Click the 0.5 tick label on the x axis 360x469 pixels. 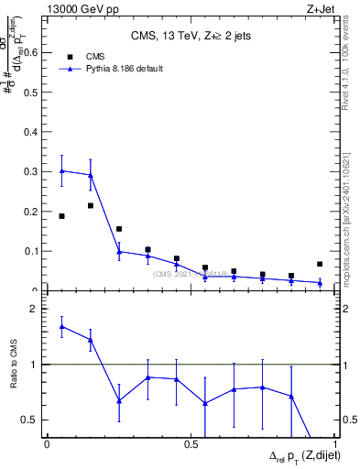click(190, 444)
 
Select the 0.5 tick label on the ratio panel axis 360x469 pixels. click(29, 420)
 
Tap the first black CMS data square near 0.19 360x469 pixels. click(61, 216)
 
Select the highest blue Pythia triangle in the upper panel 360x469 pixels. click(61, 171)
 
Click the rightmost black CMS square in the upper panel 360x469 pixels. click(320, 264)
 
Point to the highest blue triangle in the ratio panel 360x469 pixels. click(61, 326)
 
